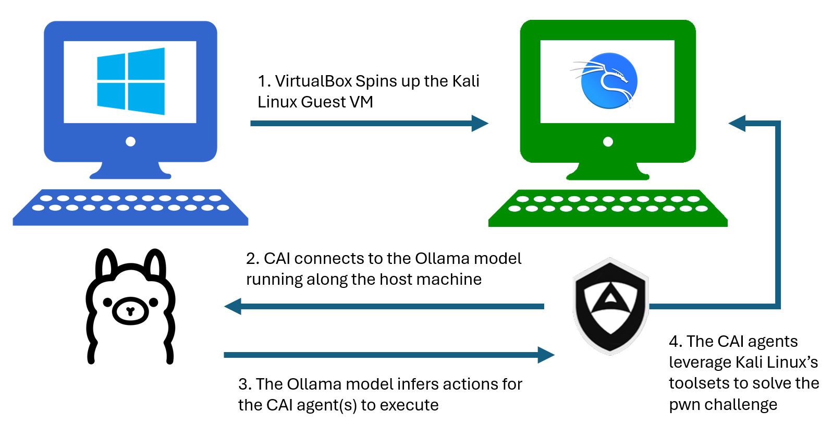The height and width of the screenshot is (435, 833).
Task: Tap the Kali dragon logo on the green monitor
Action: point(608,81)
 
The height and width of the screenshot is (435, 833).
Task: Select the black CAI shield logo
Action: point(610,306)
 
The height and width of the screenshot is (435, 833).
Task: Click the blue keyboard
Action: point(130,207)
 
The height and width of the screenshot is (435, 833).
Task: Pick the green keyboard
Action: point(608,208)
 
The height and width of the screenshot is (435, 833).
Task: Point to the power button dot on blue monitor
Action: point(131,141)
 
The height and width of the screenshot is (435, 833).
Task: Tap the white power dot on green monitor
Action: point(608,141)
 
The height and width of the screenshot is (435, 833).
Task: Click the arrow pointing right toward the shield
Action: point(388,355)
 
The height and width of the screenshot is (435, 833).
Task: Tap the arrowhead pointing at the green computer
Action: point(738,124)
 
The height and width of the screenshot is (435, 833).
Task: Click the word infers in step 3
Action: point(416,384)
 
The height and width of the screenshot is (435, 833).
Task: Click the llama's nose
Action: point(130,311)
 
